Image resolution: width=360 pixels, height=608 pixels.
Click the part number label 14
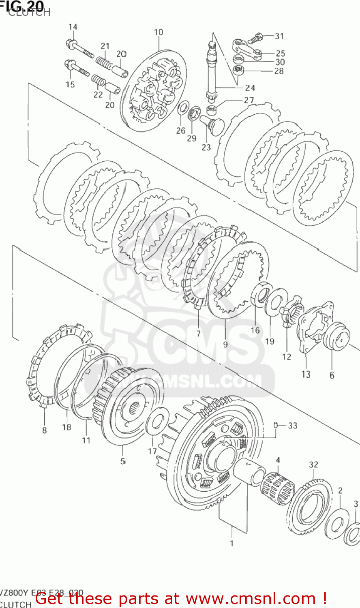click(73, 27)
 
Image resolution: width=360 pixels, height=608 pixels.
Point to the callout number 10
click(159, 32)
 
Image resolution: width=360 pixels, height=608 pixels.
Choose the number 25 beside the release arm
click(281, 53)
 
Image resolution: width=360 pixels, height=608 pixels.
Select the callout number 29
click(192, 138)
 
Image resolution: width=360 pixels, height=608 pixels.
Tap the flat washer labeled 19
click(276, 302)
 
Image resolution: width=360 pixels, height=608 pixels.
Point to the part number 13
click(306, 375)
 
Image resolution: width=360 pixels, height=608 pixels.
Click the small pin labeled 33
click(276, 425)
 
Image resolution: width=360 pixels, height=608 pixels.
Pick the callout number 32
click(313, 465)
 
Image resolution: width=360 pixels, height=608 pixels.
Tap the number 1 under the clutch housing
click(232, 543)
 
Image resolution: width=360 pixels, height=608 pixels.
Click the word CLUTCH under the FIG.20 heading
click(29, 13)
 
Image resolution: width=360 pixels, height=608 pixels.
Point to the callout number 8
click(44, 430)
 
